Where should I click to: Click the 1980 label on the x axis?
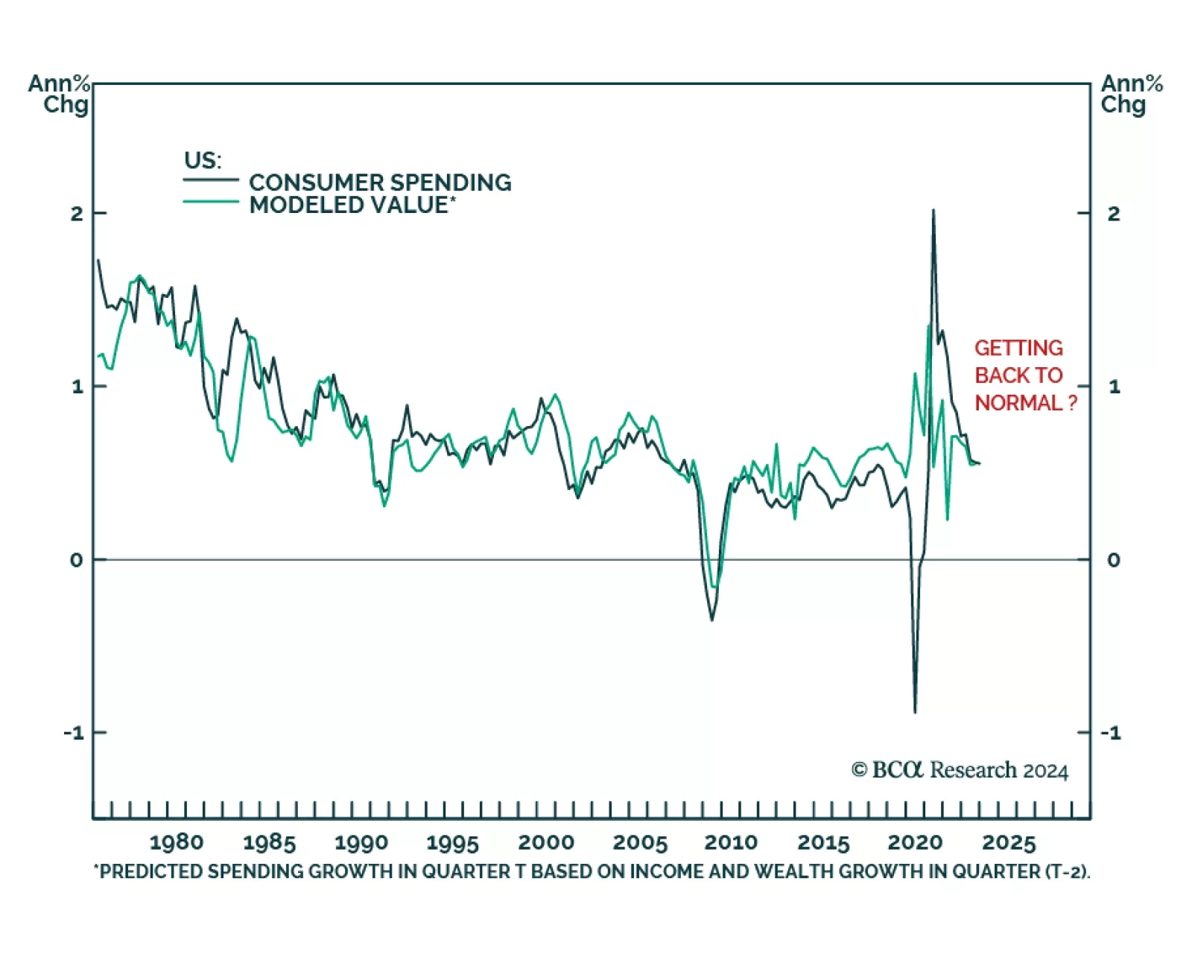(x=177, y=842)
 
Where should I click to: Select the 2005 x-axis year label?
(x=640, y=842)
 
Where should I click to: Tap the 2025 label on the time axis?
(x=1009, y=842)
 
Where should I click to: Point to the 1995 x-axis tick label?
(x=453, y=842)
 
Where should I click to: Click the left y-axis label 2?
(x=77, y=214)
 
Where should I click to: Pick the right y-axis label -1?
(x=1111, y=733)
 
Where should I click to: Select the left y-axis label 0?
(x=77, y=560)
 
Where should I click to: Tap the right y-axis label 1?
(x=1114, y=387)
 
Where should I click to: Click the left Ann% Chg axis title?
(x=60, y=94)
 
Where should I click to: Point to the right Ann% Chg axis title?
(x=1131, y=94)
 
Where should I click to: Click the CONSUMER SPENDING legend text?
(x=380, y=182)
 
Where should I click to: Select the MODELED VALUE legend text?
(x=351, y=205)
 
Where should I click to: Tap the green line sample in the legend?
(x=211, y=202)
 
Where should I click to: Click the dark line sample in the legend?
(x=211, y=179)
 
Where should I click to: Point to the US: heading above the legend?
(x=203, y=160)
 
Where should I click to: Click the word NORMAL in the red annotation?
(x=1018, y=403)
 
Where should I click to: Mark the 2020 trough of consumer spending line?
(x=915, y=712)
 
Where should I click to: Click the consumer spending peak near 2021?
(x=933, y=211)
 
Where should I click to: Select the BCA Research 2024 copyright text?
(x=960, y=770)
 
